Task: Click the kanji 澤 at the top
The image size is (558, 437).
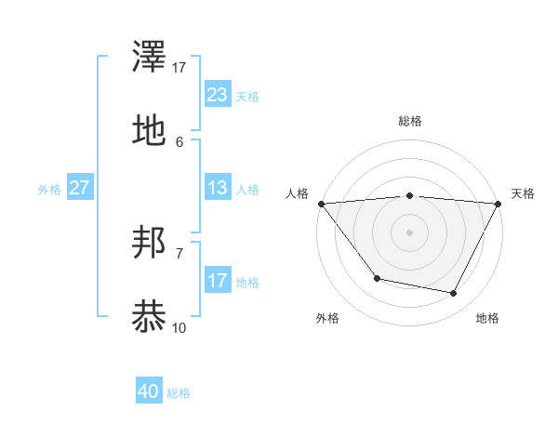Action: pos(150,60)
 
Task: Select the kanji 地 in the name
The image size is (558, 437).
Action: pos(150,131)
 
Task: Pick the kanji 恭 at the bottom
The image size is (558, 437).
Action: pos(150,316)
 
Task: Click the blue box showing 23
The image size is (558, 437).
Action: pos(217,95)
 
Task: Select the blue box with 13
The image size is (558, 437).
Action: pos(217,188)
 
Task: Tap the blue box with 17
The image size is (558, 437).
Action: pos(217,281)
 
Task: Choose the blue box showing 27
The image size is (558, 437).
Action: pos(80,188)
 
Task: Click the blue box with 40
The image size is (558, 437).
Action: pos(148,391)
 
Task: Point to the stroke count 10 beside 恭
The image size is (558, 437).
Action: pos(179,327)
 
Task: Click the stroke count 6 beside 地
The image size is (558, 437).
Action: pos(179,141)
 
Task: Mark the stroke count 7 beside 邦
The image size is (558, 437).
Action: pos(179,253)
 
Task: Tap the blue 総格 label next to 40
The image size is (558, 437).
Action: pos(179,393)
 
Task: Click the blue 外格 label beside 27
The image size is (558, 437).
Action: pos(49,189)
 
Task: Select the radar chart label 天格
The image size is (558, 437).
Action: pos(523,193)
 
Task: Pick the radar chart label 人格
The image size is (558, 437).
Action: pos(297,193)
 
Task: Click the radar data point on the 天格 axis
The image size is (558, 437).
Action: pos(498,204)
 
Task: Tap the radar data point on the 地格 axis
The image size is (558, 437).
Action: pos(454,294)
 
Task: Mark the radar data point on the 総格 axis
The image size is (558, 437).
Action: pos(409,195)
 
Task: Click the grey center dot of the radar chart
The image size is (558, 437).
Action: pos(409,232)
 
